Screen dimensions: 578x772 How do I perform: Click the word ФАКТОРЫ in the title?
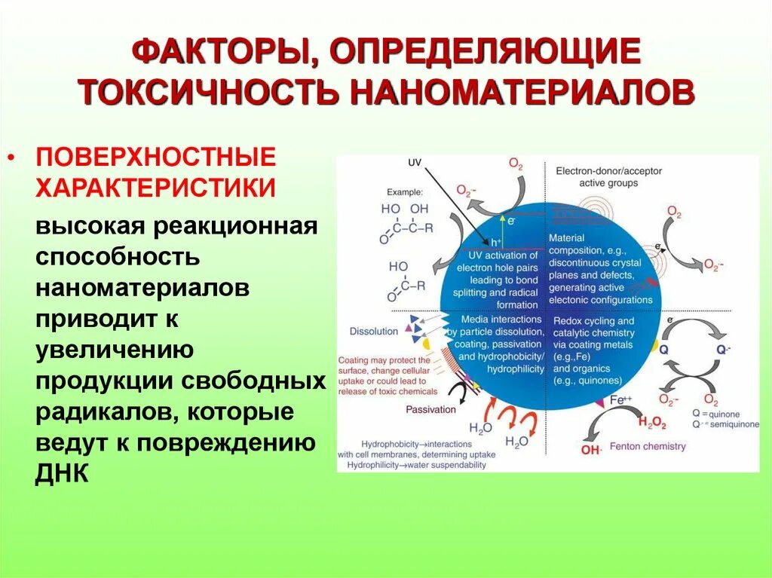(x=218, y=54)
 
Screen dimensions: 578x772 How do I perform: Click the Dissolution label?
(x=373, y=331)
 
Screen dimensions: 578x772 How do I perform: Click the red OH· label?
(x=591, y=451)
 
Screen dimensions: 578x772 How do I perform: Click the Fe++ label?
(x=620, y=401)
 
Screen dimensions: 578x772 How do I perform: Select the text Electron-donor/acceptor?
(x=608, y=171)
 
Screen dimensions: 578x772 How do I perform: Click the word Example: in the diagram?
(x=405, y=192)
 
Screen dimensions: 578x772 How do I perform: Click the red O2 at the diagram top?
(x=516, y=164)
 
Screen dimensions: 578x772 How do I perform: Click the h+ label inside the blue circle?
(x=496, y=242)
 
